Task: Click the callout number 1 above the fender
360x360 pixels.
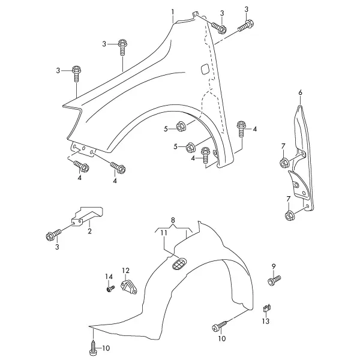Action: [x=173, y=12]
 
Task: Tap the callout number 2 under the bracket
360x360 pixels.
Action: [x=89, y=231]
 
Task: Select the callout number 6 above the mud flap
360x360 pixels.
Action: [x=301, y=93]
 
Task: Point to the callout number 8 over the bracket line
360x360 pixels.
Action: [x=173, y=220]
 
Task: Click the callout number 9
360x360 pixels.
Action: [x=274, y=266]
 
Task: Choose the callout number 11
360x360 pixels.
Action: [x=164, y=233]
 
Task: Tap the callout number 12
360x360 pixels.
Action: [x=126, y=271]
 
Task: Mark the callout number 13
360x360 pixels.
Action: [x=266, y=321]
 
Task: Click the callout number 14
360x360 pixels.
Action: [x=109, y=277]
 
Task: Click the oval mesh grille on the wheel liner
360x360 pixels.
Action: [x=179, y=263]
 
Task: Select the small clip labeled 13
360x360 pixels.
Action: [x=266, y=308]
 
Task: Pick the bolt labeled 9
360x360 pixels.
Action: [x=274, y=281]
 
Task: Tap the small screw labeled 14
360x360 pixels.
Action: [x=110, y=289]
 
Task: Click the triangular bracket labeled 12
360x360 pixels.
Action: [x=129, y=286]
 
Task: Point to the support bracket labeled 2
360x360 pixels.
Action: [x=88, y=215]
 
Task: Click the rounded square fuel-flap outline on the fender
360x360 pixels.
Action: [x=205, y=69]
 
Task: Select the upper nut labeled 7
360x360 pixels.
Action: [x=284, y=163]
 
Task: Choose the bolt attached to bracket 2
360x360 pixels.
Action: [x=54, y=235]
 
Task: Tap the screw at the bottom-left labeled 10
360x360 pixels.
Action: [x=93, y=348]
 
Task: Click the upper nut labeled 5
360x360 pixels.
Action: [x=180, y=127]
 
